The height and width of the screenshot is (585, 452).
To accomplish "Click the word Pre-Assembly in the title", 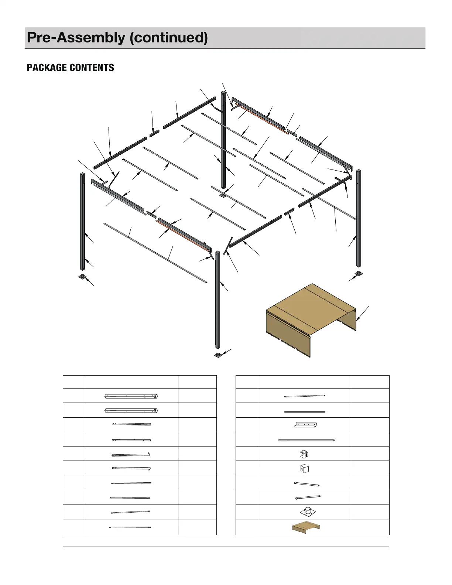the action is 76,37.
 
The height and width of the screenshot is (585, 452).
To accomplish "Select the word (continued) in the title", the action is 169,37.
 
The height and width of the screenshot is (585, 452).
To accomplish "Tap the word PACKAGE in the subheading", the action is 47,68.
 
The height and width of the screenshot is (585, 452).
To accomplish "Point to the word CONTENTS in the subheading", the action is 92,68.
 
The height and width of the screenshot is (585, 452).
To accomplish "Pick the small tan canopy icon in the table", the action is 306,527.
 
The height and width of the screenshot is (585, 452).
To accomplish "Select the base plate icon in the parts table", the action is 308,512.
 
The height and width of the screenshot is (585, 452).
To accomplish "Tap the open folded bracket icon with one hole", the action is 304,468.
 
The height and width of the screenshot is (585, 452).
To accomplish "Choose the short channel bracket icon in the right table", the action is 305,425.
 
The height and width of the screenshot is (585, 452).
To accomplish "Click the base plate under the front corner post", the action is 218,355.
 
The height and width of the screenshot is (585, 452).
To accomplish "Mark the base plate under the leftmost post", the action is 82,277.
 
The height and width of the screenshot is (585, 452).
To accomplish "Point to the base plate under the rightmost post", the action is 358,274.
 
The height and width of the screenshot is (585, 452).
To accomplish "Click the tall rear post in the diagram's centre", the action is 223,140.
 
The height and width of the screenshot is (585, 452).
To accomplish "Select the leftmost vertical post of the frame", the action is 82,222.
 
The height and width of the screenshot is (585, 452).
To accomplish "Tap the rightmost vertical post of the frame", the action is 359,218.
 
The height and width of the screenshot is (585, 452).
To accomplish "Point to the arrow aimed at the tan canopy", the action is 362,314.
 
